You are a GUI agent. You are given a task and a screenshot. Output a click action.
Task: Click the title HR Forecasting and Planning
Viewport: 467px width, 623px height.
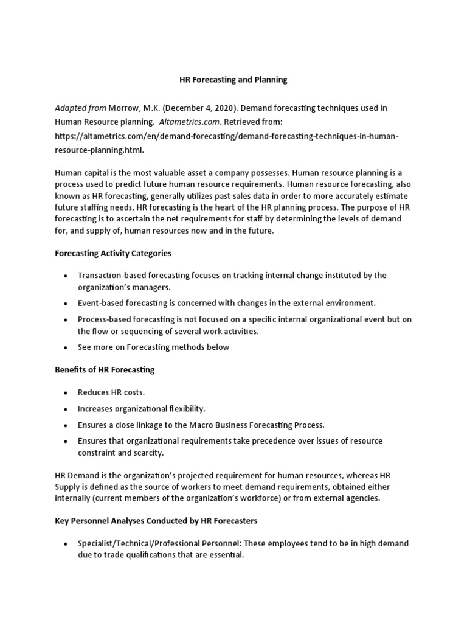pyautogui.click(x=233, y=80)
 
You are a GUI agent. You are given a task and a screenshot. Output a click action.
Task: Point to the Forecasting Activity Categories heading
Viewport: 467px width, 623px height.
pyautogui.click(x=113, y=252)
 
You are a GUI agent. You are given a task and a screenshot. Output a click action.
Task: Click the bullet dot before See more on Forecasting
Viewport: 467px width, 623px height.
pyautogui.click(x=65, y=347)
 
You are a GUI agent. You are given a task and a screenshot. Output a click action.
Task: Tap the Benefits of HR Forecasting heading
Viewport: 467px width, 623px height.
pyautogui.click(x=105, y=369)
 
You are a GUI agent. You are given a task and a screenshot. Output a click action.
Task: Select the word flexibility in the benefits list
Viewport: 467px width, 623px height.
pyautogui.click(x=186, y=408)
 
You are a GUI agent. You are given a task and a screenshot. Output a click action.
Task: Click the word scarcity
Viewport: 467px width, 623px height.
pyautogui.click(x=149, y=453)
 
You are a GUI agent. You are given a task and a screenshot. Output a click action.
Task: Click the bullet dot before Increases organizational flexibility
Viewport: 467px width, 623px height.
pyautogui.click(x=65, y=409)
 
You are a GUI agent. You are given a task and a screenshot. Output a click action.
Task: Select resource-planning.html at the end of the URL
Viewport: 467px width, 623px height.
pyautogui.click(x=100, y=150)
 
